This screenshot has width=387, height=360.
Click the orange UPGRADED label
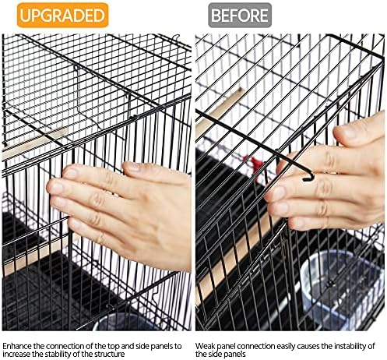62,15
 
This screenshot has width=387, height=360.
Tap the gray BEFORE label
240,15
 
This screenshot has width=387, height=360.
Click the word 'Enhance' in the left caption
17,346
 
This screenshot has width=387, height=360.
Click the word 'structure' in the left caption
109,354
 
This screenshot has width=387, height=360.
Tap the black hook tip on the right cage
308,178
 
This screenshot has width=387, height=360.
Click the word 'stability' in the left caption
63,354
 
